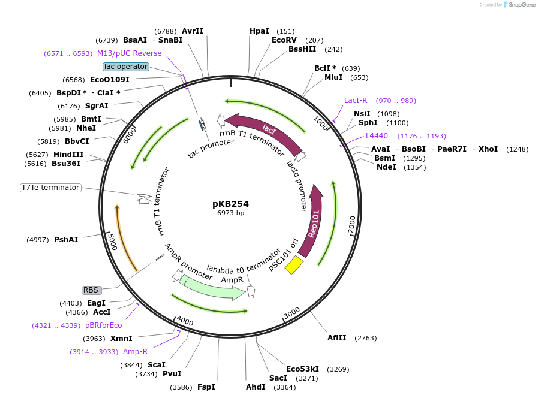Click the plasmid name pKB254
[230, 203]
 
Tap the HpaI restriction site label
[259, 31]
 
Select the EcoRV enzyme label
[284, 40]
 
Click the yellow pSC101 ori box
[294, 264]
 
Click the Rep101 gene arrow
[314, 222]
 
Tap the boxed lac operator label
[125, 67]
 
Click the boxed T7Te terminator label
[50, 188]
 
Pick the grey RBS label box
[91, 290]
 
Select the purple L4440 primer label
[377, 136]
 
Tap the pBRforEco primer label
[104, 325]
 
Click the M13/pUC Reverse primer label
[129, 53]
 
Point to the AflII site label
[336, 338]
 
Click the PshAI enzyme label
[66, 240]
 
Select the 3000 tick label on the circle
[292, 313]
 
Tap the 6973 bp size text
[230, 213]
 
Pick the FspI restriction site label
[206, 387]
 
